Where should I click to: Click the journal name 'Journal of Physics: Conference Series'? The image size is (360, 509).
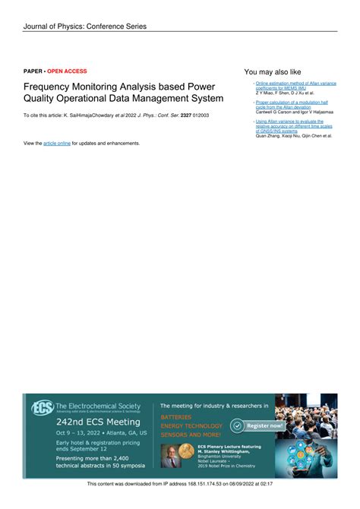pos(84,27)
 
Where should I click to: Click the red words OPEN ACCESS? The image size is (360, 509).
pos(67,71)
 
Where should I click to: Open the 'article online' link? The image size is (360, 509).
pos(57,143)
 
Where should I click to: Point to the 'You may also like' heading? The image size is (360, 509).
pos(273,72)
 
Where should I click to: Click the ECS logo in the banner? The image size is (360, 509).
pos(41,407)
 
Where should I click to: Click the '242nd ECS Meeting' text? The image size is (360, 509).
pos(98,422)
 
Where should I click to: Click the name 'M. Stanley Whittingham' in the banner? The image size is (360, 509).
pos(231,451)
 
